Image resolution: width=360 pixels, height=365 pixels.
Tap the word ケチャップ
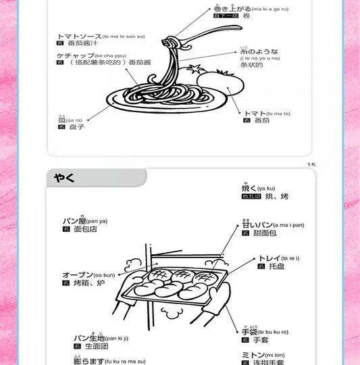74,53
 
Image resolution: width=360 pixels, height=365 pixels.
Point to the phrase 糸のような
255,51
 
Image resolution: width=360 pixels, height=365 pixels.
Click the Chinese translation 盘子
76,126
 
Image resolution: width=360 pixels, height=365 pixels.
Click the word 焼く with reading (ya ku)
249,189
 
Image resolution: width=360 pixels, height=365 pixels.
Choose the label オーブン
76,275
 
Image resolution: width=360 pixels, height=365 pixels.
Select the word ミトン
253,355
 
